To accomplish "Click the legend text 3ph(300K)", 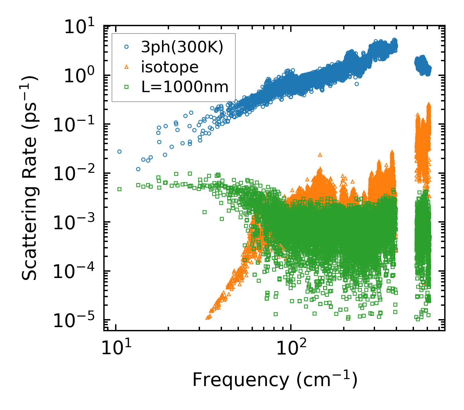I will tap(182, 48).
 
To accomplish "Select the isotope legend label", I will tap(170, 67).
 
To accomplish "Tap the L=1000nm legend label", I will tap(185, 87).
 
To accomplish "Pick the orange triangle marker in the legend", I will tap(127, 67).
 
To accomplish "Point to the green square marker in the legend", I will tap(127, 86).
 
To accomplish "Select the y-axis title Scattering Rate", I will tap(30, 179).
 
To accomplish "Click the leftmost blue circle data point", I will tap(120, 151).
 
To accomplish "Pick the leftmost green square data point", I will tap(120, 189).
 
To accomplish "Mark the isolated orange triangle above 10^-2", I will tap(320, 155).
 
